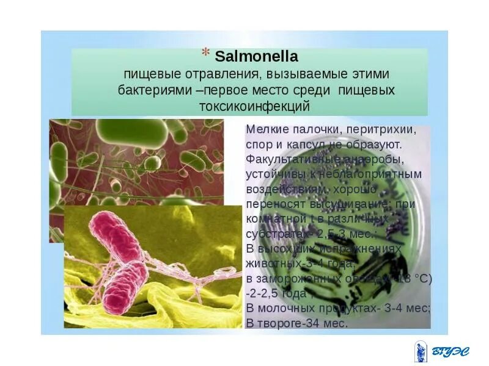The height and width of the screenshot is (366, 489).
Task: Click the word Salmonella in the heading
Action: tap(256, 57)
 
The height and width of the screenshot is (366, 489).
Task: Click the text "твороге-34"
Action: tap(286, 323)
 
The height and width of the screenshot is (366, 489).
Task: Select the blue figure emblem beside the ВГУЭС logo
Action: tap(422, 351)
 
